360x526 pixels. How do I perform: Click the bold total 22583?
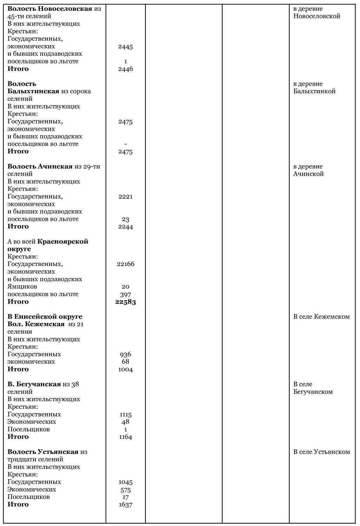tap(125, 302)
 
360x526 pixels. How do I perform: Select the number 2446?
tap(125, 69)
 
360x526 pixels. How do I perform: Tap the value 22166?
tap(125, 264)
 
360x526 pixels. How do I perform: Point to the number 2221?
tap(125, 197)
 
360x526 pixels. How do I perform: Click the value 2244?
tap(125, 227)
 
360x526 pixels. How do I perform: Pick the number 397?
tap(125, 294)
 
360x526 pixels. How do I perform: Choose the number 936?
tap(125, 354)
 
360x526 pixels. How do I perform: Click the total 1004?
tap(125, 369)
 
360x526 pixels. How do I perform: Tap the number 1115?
tap(125, 414)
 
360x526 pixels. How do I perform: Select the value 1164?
tap(125, 437)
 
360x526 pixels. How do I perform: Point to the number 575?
tap(125, 490)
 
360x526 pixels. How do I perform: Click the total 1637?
tap(125, 505)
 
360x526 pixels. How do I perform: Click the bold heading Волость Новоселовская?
tap(50, 9)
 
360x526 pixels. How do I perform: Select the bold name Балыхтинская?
tap(33, 91)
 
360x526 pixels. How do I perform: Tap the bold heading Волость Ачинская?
tap(40, 167)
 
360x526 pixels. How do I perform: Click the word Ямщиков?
tap(22, 287)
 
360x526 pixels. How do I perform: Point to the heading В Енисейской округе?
tap(45, 317)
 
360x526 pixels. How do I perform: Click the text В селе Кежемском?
tap(321, 317)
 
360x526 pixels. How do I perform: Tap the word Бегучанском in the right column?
tap(313, 392)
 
